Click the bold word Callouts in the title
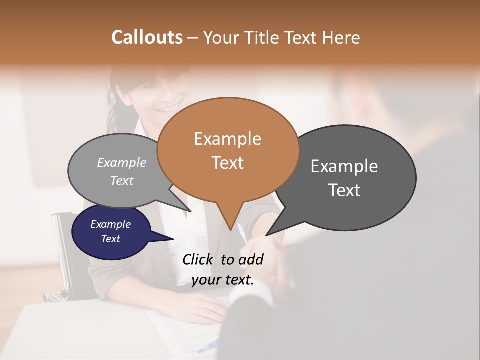coord(147,37)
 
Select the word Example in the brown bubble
coord(227,138)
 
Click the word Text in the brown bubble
coord(227,162)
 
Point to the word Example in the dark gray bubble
coord(344,166)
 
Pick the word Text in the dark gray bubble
coord(344,190)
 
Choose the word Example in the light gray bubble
coord(122,162)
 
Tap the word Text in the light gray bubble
coord(122,180)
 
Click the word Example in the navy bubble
coord(110,224)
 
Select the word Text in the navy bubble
coord(110,239)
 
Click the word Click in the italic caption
coord(200,259)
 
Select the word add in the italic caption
coord(251,259)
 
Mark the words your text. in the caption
coord(222,280)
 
